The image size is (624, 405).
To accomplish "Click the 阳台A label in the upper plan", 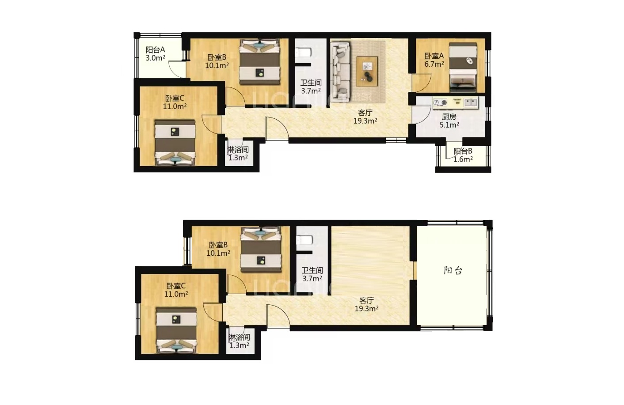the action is [155, 50].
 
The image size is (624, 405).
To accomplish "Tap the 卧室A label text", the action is [434, 56].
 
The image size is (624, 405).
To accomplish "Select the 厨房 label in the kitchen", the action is [449, 117].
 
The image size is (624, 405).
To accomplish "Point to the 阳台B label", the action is [463, 151].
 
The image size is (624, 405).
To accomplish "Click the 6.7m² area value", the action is [434, 64].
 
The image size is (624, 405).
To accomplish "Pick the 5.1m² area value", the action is [449, 125].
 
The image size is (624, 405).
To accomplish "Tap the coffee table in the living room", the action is [367, 71].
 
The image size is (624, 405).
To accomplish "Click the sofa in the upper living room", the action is [340, 72].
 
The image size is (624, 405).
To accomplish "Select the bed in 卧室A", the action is [463, 68].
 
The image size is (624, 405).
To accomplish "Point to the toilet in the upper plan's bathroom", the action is [303, 52].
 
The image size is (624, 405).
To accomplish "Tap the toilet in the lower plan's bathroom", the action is [304, 240].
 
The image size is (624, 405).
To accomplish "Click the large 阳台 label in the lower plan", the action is [453, 271].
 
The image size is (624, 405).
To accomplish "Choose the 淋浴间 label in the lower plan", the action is [239, 337].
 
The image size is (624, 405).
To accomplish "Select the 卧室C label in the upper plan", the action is [175, 98].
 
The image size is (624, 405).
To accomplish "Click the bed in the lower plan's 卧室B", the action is [261, 250].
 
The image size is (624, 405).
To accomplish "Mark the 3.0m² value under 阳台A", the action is [155, 58].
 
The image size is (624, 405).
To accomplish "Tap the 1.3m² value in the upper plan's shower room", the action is [238, 158].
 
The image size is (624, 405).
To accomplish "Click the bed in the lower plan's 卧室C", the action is [176, 330].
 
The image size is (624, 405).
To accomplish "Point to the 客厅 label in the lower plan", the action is [366, 300].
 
